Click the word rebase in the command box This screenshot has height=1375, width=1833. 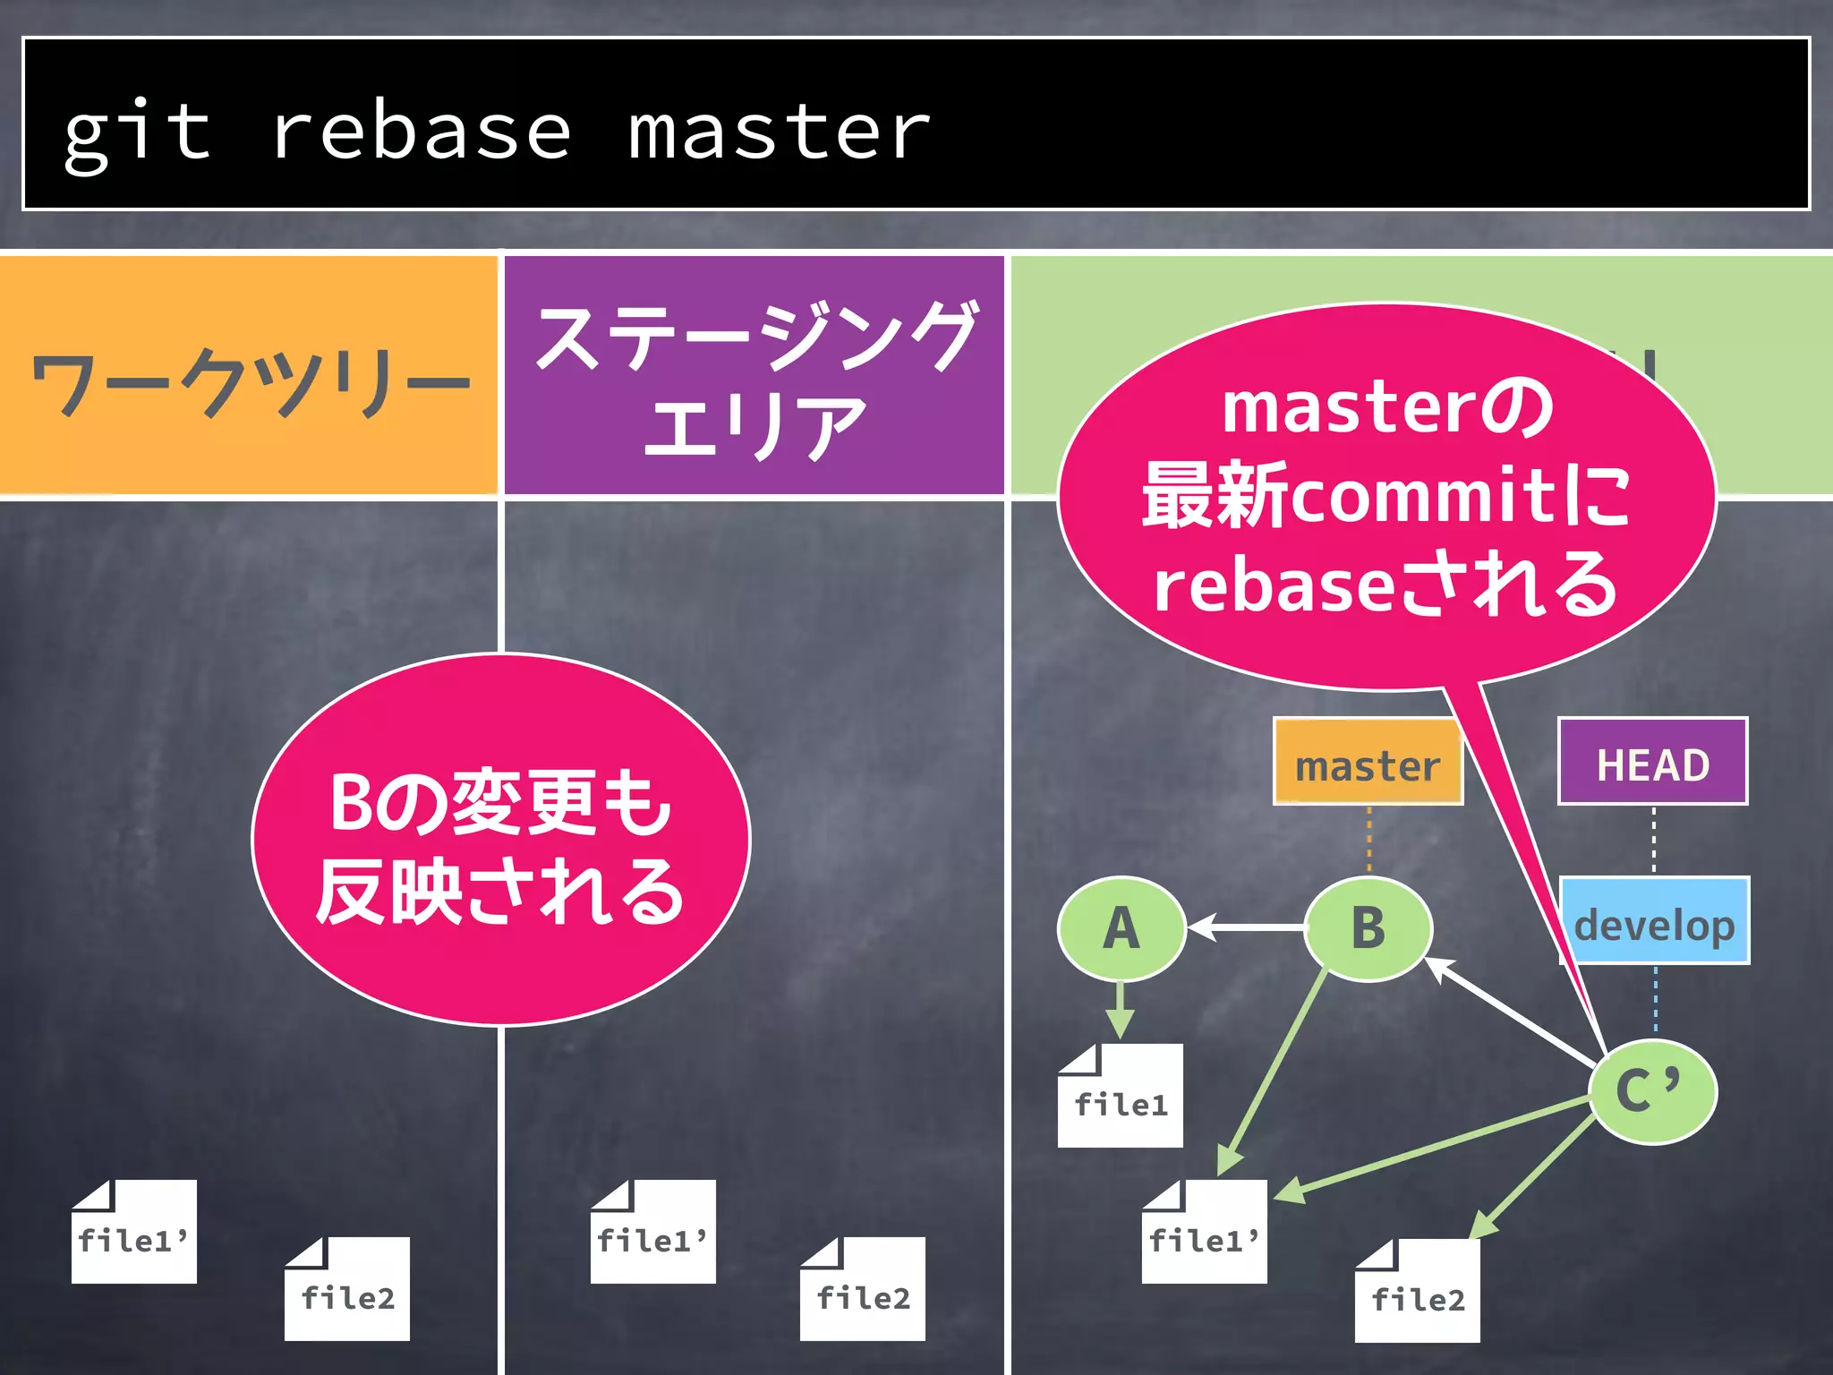click(x=421, y=132)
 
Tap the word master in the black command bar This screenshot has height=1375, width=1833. click(x=779, y=132)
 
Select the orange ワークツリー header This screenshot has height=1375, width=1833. click(x=248, y=376)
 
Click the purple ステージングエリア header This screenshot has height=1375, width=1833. click(x=754, y=376)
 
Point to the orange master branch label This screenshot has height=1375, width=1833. click(x=1367, y=763)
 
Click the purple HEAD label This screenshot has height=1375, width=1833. click(x=1652, y=763)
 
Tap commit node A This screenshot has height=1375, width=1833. click(x=1121, y=928)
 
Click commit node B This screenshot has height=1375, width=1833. click(x=1368, y=928)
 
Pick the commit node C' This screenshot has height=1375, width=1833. click(x=1652, y=1091)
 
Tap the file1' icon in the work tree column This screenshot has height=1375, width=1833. click(x=134, y=1233)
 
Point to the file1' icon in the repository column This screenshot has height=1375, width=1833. click(x=1205, y=1233)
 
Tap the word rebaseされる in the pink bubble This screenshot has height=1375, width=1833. click(x=1385, y=584)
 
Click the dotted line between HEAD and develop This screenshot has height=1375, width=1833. click(x=1653, y=840)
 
